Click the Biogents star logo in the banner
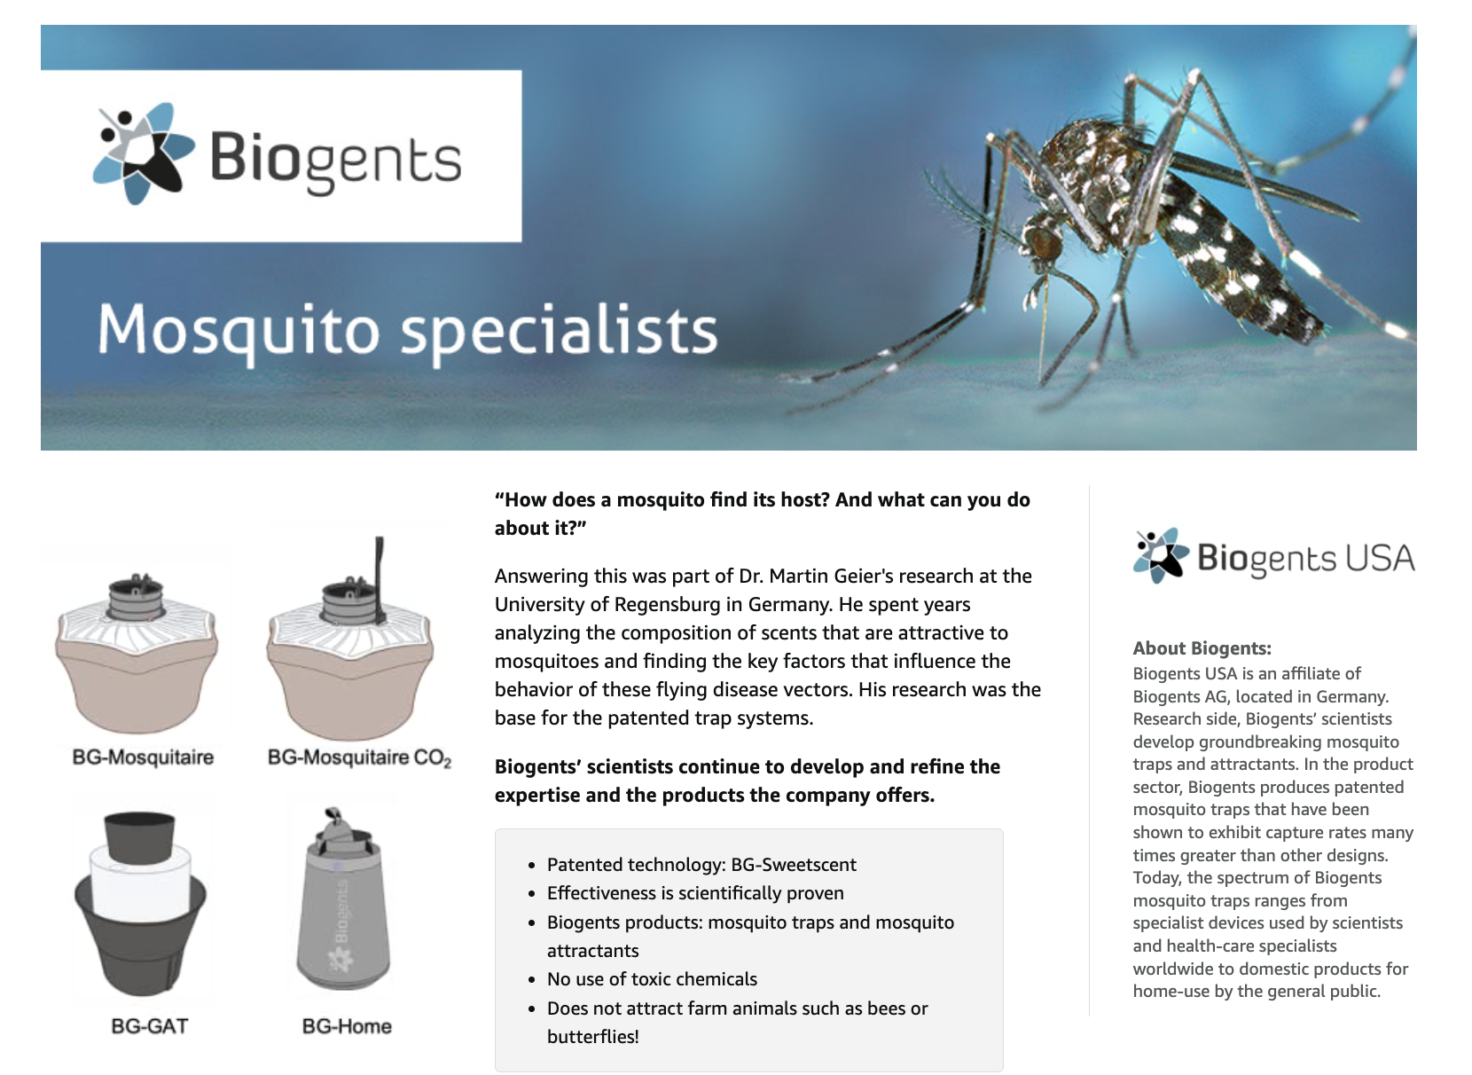pos(144,153)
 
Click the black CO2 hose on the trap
pos(380,578)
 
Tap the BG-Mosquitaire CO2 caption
pos(359,758)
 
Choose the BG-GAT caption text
pos(150,1026)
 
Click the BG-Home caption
pos(347,1026)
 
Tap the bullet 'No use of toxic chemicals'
pos(652,979)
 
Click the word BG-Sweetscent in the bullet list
pos(794,865)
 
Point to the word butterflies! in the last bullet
pos(592,1037)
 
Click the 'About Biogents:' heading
pos(1202,648)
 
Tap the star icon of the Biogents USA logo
pos(1161,555)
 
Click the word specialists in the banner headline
pos(560,331)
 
